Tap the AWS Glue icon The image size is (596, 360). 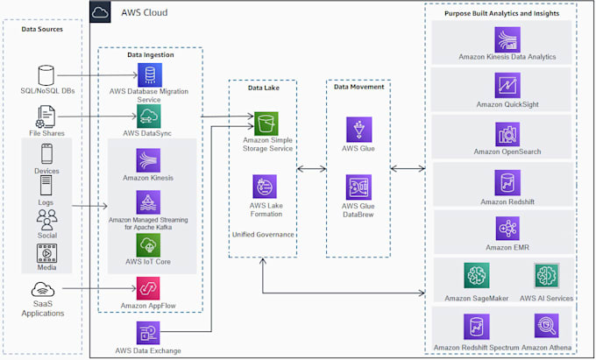click(x=358, y=130)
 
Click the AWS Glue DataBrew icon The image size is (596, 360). click(x=358, y=187)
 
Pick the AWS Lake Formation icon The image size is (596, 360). click(x=265, y=187)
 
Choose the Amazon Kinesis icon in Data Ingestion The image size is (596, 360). click(x=148, y=160)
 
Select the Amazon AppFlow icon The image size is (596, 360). click(x=148, y=287)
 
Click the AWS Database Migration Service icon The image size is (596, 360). click(x=148, y=76)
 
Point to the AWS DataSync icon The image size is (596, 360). click(x=148, y=116)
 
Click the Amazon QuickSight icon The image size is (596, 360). click(x=507, y=86)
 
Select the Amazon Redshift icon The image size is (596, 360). click(x=507, y=182)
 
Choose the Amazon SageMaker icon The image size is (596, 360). click(x=477, y=276)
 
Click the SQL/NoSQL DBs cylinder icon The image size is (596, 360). click(x=46, y=76)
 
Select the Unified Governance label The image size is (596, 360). click(x=264, y=235)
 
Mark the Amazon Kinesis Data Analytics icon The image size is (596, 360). click(x=507, y=39)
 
